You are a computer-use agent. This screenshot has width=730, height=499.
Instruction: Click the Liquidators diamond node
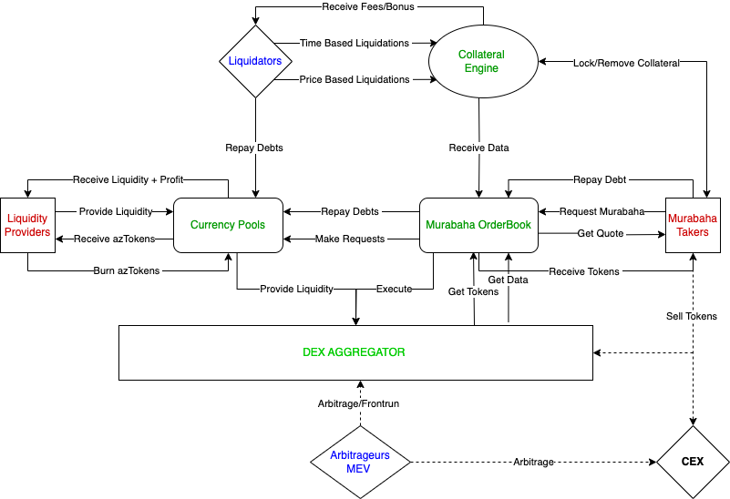point(255,61)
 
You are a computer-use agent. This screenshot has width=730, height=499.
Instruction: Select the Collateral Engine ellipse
point(480,61)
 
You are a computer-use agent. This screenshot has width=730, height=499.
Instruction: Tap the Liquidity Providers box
point(26,225)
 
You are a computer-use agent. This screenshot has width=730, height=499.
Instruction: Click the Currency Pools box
point(228,225)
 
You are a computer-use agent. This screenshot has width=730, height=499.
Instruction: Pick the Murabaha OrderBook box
point(478,225)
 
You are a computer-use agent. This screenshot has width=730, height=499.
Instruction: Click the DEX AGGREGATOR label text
point(354,351)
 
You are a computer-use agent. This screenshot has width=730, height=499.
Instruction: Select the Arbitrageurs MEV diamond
point(360,462)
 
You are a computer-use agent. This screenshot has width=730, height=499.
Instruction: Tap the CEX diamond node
point(693,462)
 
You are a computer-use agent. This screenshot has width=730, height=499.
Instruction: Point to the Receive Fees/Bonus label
point(366,6)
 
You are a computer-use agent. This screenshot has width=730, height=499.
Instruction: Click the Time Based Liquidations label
point(355,43)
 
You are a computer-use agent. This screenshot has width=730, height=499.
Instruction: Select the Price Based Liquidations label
point(355,79)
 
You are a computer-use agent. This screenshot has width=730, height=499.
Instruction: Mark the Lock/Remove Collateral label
point(626,63)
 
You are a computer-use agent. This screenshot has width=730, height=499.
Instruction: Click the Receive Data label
point(478,148)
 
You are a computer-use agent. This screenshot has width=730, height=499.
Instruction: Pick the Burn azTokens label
point(128,270)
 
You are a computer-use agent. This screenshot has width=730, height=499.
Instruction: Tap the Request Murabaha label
point(601,211)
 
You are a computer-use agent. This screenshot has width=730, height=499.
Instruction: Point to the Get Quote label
point(601,234)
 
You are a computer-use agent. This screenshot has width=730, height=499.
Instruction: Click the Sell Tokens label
point(692,316)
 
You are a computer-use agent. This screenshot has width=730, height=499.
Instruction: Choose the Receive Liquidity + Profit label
point(127,179)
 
